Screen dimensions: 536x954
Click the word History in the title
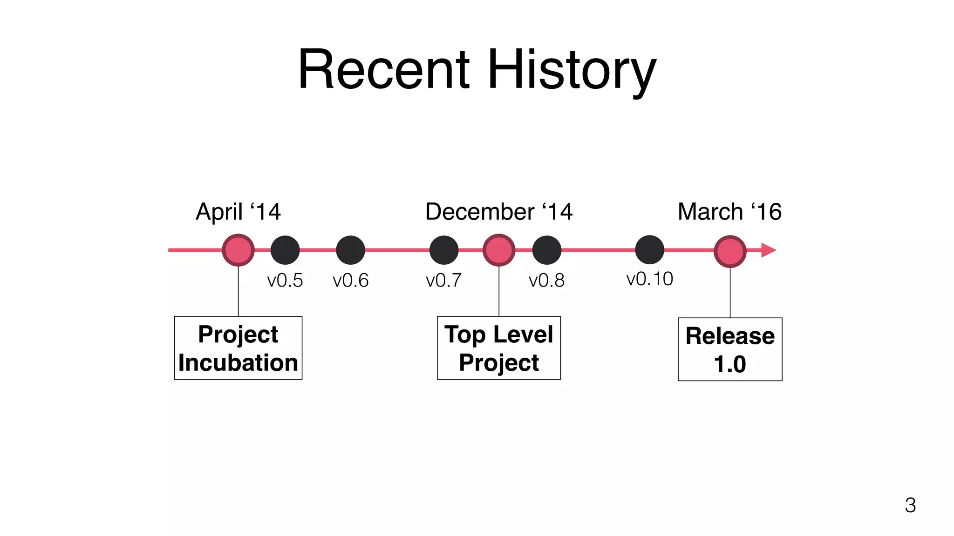(572, 71)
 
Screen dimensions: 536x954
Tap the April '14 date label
(238, 212)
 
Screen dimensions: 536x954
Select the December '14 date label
(498, 212)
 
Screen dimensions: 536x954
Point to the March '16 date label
(729, 212)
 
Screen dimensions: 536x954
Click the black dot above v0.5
(285, 250)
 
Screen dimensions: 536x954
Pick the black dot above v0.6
(350, 250)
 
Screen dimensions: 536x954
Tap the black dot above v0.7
(444, 250)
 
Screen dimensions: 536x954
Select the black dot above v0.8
(547, 250)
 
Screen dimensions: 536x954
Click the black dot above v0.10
(649, 249)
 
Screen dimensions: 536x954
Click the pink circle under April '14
(238, 250)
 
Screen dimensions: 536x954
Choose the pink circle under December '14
(499, 250)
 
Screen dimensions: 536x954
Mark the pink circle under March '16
(730, 251)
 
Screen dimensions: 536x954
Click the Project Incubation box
(238, 348)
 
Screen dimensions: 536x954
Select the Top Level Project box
(498, 348)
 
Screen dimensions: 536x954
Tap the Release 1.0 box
(730, 349)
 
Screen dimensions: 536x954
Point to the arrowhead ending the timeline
(768, 250)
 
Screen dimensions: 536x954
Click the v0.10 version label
(649, 279)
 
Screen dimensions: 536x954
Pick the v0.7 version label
(443, 281)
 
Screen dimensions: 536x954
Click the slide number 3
(910, 505)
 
